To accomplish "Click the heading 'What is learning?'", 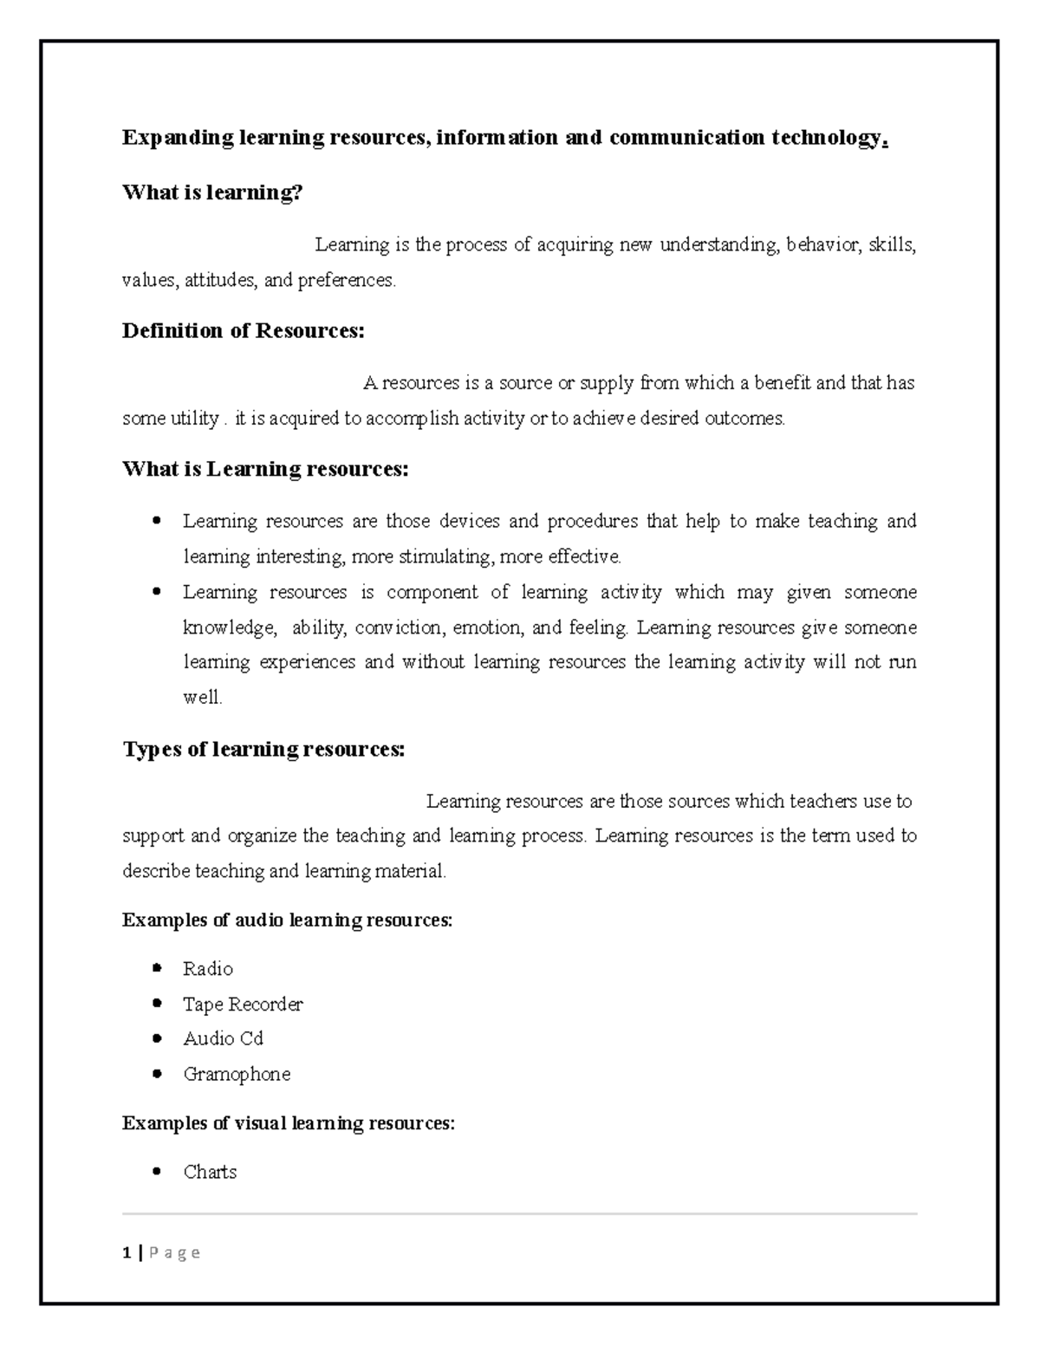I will pyautogui.click(x=212, y=192).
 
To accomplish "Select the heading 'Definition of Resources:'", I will pyautogui.click(x=244, y=330).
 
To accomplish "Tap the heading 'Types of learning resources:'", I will pyautogui.click(x=263, y=749).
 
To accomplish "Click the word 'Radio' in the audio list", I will pyautogui.click(x=208, y=968).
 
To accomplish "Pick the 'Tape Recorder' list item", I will pyautogui.click(x=243, y=1004).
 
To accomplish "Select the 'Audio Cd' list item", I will pyautogui.click(x=223, y=1038).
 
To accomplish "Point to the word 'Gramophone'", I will pyautogui.click(x=237, y=1074).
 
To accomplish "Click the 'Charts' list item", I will pyautogui.click(x=210, y=1172).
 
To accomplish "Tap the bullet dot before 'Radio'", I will pyautogui.click(x=156, y=968).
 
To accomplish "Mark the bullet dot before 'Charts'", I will pyautogui.click(x=156, y=1172).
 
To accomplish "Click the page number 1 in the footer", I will pyautogui.click(x=127, y=1252).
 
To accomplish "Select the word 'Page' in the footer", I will pyautogui.click(x=175, y=1252).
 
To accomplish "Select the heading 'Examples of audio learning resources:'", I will pyautogui.click(x=287, y=920).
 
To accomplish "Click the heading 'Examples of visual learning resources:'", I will pyautogui.click(x=288, y=1123).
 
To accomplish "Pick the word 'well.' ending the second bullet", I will pyautogui.click(x=203, y=697).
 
